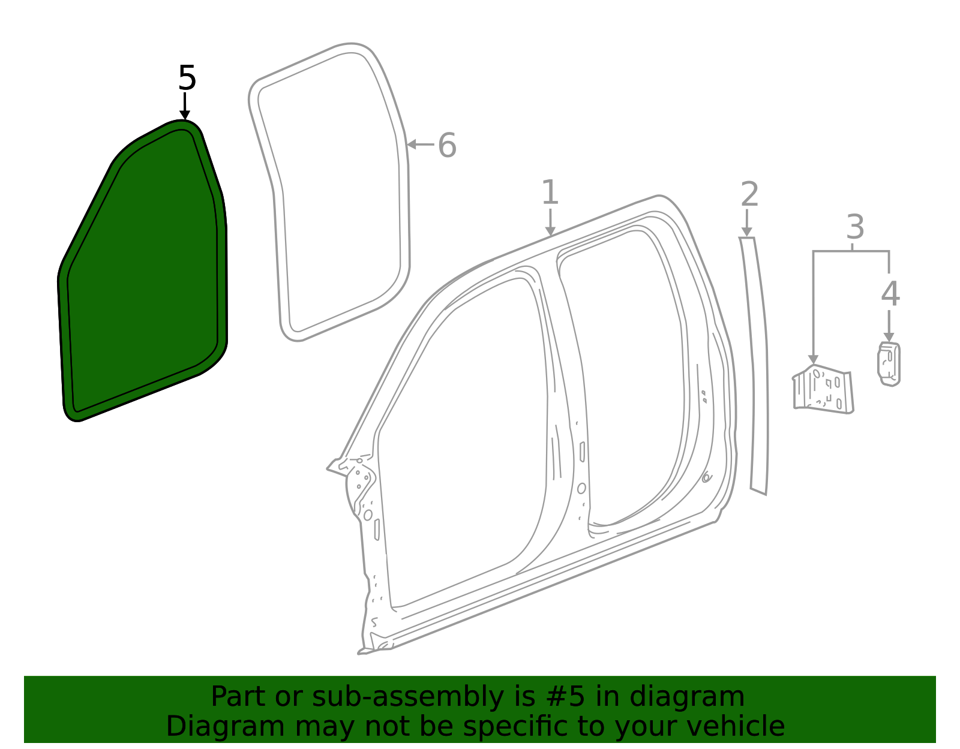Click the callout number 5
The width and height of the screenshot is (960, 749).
click(187, 78)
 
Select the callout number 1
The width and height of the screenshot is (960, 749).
click(550, 192)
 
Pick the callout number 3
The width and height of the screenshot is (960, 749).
click(855, 227)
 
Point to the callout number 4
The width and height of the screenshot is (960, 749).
click(890, 293)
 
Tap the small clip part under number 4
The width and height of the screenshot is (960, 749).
click(889, 364)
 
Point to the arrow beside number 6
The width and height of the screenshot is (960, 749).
click(421, 145)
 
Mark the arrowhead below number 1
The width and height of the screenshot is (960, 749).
click(550, 231)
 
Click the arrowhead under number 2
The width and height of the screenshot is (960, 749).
click(746, 231)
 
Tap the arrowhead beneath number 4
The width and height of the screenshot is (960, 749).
click(889, 337)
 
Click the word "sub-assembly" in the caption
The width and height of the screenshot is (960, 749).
click(408, 697)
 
